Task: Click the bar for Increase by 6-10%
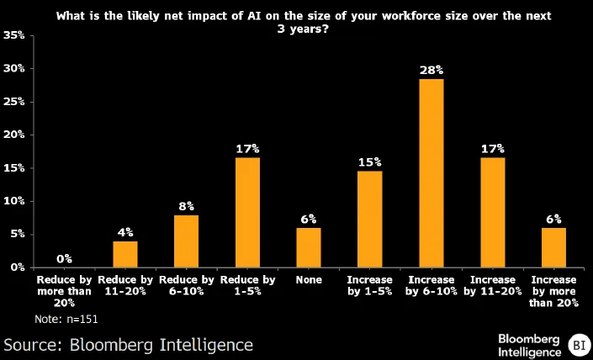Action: tap(431, 172)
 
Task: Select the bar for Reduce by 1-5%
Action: tap(246, 212)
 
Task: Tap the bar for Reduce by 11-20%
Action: tap(124, 254)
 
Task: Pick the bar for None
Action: tap(308, 247)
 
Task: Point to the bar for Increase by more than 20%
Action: tap(553, 247)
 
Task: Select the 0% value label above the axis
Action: tap(64, 258)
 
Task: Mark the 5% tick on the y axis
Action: tap(16, 234)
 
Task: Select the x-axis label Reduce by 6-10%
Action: tap(186, 285)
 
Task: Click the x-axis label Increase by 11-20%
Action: tap(492, 285)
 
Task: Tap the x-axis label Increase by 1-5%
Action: tap(369, 285)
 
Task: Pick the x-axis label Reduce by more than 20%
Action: tap(64, 291)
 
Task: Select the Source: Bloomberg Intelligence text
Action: tap(128, 345)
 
